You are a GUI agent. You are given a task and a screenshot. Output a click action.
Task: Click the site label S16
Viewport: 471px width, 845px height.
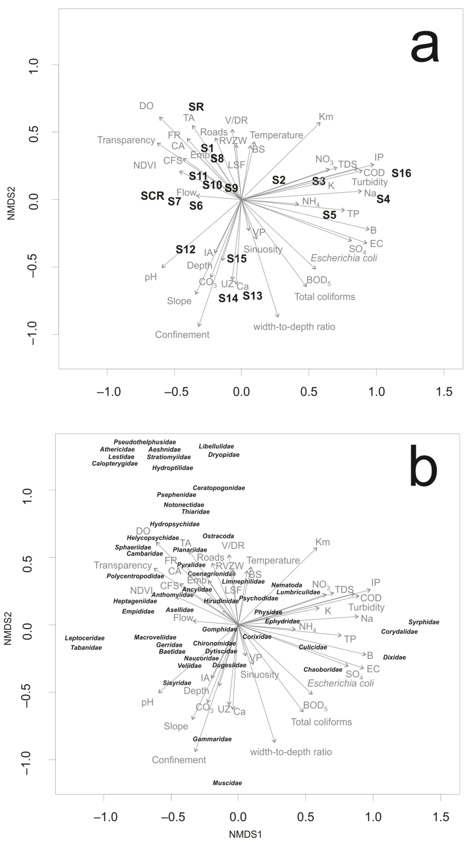tap(401, 173)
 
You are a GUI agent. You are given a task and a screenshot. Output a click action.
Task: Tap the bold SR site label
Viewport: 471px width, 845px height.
tap(196, 107)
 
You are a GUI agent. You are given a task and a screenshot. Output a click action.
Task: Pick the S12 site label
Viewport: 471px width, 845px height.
tap(186, 250)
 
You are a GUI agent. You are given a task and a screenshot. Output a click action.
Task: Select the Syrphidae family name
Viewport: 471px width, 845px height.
tap(424, 622)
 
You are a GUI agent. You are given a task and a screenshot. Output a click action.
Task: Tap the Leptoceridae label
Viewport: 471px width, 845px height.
tap(84, 638)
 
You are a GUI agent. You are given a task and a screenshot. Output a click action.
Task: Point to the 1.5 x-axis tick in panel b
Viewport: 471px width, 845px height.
tap(440, 817)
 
